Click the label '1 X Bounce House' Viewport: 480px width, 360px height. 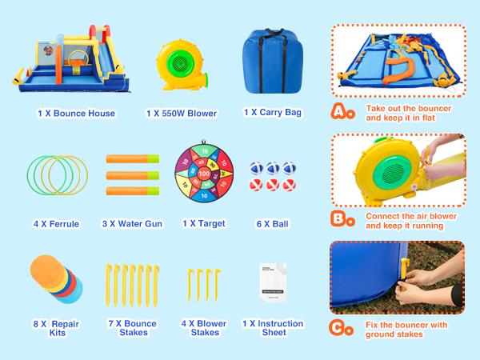click(x=76, y=114)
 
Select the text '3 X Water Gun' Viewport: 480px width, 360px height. click(x=132, y=224)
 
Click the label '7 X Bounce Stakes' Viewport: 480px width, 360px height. click(x=132, y=328)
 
